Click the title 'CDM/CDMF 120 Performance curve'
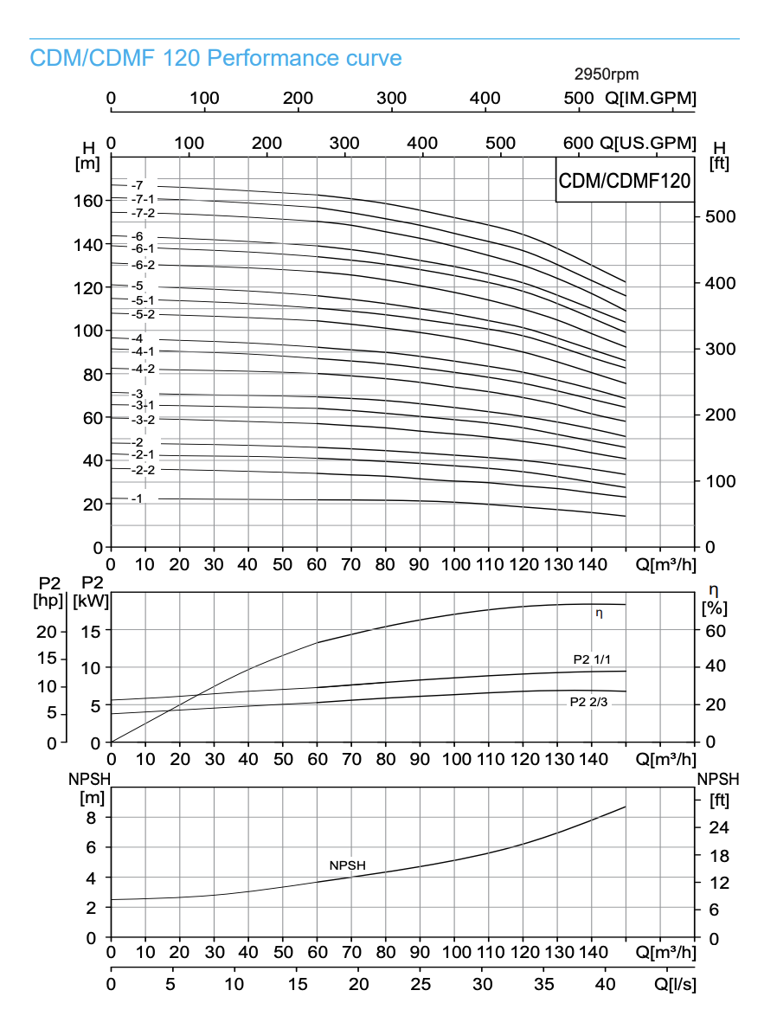[215, 59]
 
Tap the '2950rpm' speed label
[607, 75]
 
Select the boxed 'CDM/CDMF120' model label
[624, 181]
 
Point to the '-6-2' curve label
[143, 265]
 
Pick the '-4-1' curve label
[143, 351]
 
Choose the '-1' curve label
[137, 498]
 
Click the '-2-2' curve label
[143, 470]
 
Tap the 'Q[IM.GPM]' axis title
[650, 98]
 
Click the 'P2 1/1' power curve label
[593, 659]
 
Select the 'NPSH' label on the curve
[347, 865]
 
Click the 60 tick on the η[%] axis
[715, 630]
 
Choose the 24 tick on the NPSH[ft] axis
[718, 828]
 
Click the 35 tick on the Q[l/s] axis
[543, 984]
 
